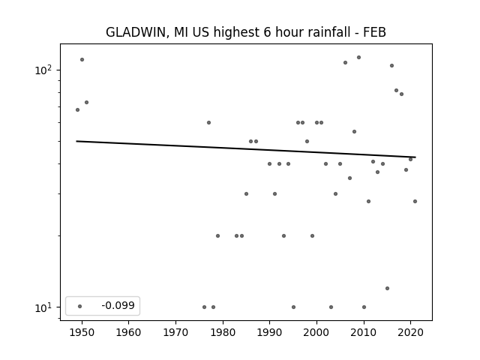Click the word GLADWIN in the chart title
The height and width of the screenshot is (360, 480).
point(136,32)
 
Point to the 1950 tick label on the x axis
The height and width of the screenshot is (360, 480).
point(82,332)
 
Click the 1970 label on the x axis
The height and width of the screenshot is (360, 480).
point(176,332)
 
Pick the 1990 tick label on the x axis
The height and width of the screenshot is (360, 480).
point(270,332)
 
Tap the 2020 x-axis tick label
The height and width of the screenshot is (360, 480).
point(410,332)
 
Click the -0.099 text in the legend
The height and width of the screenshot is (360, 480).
point(118,305)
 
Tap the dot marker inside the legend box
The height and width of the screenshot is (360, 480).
point(80,306)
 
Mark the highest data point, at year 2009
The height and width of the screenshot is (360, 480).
point(358,57)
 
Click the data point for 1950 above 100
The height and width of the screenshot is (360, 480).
point(82,59)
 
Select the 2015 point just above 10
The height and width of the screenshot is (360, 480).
point(387,288)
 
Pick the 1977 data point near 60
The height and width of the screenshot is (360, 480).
point(208,122)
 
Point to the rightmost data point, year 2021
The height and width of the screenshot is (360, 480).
point(415,201)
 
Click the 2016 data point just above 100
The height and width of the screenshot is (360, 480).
point(391,65)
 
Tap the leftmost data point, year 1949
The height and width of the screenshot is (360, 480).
point(77,110)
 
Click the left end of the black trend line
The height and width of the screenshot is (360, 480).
point(76,141)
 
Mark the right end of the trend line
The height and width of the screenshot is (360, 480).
point(415,157)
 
